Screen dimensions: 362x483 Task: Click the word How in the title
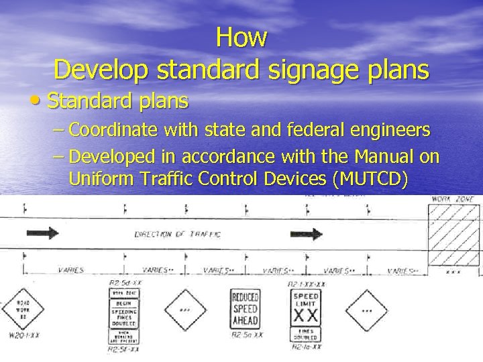[242, 37]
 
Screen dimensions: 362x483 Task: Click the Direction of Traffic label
[177, 234]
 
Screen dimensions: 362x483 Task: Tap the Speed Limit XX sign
[307, 306]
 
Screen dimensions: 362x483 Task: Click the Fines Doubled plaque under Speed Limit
[307, 333]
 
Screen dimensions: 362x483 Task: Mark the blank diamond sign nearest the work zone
[366, 310]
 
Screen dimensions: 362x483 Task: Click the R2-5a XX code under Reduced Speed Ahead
[247, 334]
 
